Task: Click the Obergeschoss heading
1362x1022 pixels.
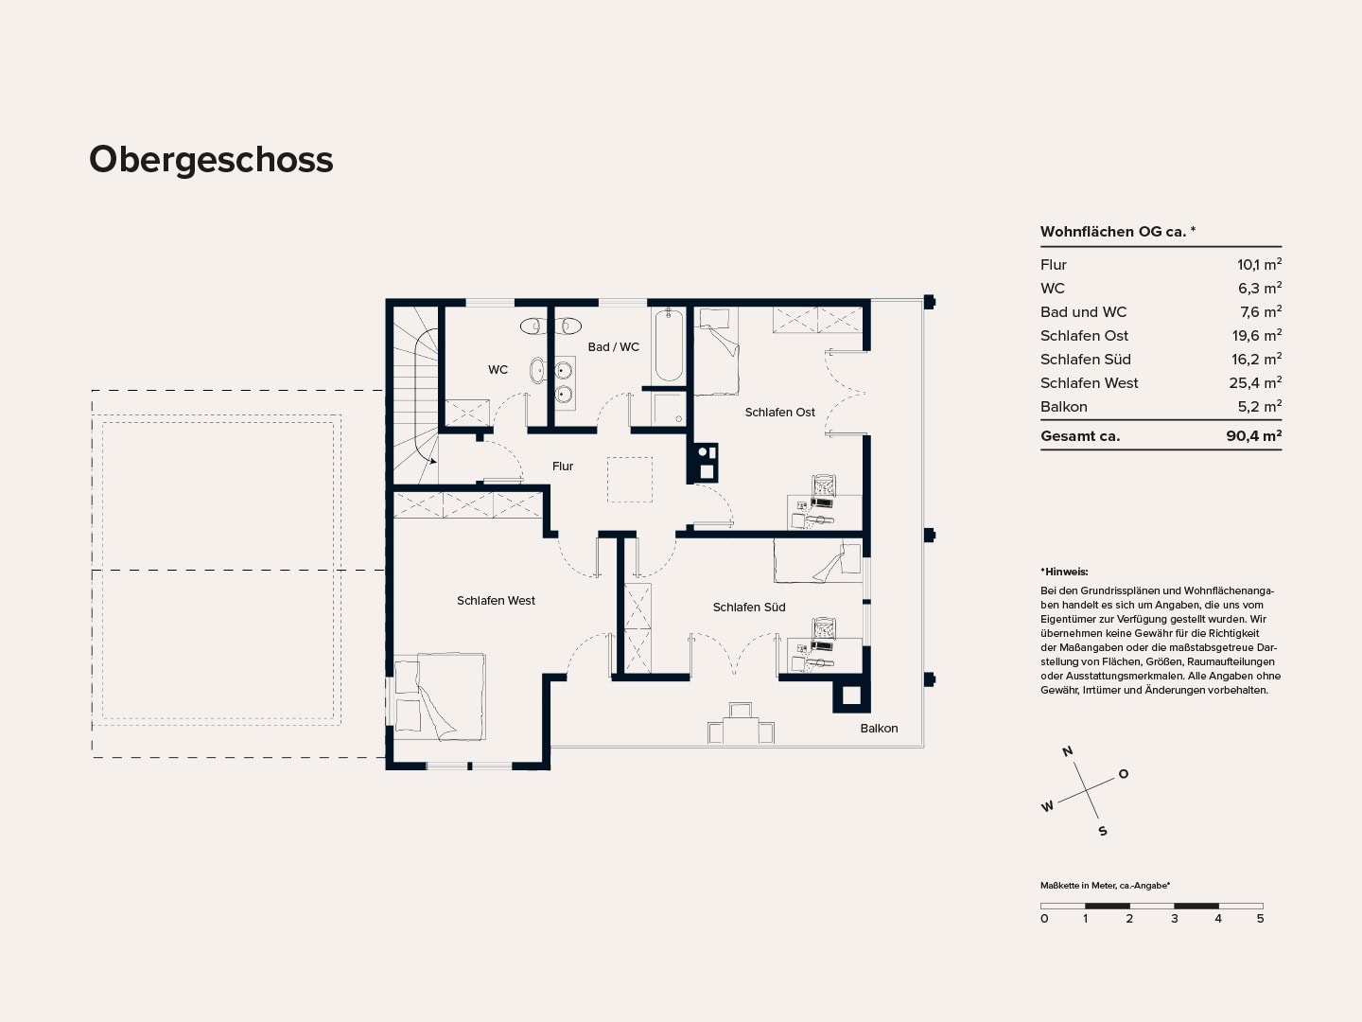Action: [211, 161]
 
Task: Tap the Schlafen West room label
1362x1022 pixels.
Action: [496, 601]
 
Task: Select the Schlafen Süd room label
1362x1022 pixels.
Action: [749, 608]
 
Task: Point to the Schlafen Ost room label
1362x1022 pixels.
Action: [780, 413]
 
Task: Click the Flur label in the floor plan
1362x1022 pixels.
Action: [563, 466]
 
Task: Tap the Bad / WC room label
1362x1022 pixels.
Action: [614, 347]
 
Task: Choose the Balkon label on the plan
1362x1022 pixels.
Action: [879, 729]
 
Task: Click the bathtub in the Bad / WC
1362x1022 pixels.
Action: [669, 345]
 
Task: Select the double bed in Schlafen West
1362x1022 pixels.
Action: [440, 696]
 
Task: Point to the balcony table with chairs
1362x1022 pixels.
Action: [741, 724]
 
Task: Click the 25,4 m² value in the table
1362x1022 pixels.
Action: [1255, 383]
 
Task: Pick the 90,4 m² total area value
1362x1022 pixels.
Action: [1254, 435]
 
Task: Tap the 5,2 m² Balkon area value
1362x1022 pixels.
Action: [1260, 407]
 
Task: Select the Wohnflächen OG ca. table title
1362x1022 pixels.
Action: [1118, 232]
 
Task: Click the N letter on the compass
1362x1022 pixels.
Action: [1068, 751]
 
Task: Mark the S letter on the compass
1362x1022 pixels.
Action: [1103, 831]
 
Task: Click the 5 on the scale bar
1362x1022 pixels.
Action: [1260, 918]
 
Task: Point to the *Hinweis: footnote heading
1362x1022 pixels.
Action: [1064, 572]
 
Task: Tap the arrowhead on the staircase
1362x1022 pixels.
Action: [433, 461]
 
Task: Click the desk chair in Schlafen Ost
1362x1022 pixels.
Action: [824, 485]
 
